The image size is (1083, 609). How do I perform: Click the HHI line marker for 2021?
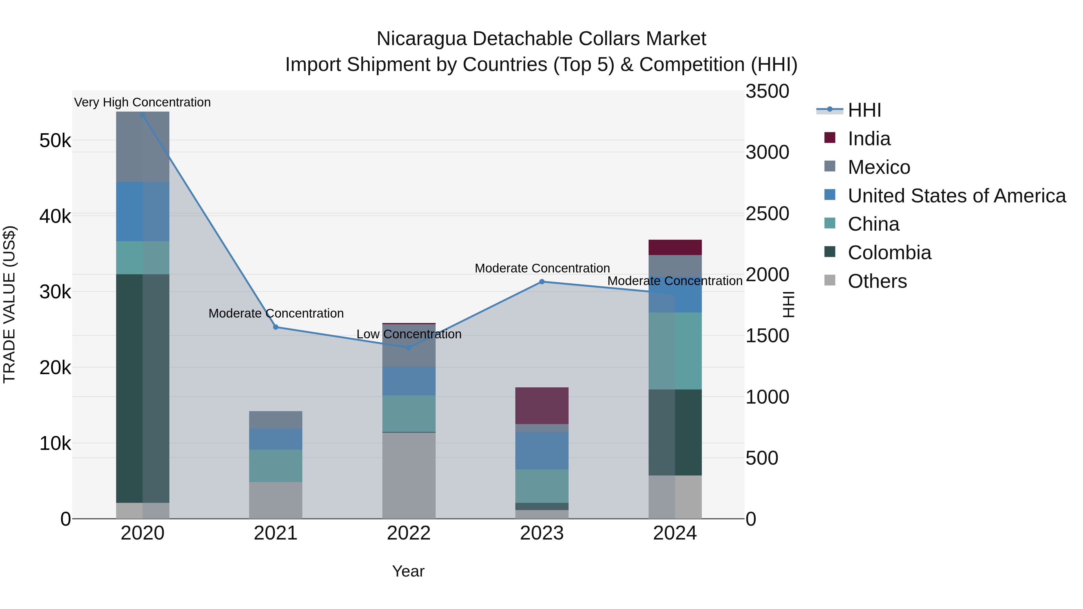276,327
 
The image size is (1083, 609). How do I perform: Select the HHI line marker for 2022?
409,348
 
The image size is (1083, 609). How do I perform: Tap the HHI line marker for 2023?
542,281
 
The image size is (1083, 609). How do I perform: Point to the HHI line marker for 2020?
143,115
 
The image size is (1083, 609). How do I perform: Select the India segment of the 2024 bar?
675,247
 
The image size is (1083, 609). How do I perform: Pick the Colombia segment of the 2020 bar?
143,388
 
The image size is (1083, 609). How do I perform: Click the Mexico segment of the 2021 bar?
276,420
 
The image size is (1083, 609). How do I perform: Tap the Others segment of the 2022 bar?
409,475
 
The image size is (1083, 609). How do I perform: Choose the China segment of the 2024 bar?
675,351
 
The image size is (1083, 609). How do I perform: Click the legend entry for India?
869,139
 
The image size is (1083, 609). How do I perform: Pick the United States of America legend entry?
956,196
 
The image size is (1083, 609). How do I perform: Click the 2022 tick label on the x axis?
409,533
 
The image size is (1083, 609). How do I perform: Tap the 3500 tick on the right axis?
767,92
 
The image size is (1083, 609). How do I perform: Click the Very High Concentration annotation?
143,102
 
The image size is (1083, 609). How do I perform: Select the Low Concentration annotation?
409,334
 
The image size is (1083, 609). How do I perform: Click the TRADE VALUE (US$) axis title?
9,304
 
